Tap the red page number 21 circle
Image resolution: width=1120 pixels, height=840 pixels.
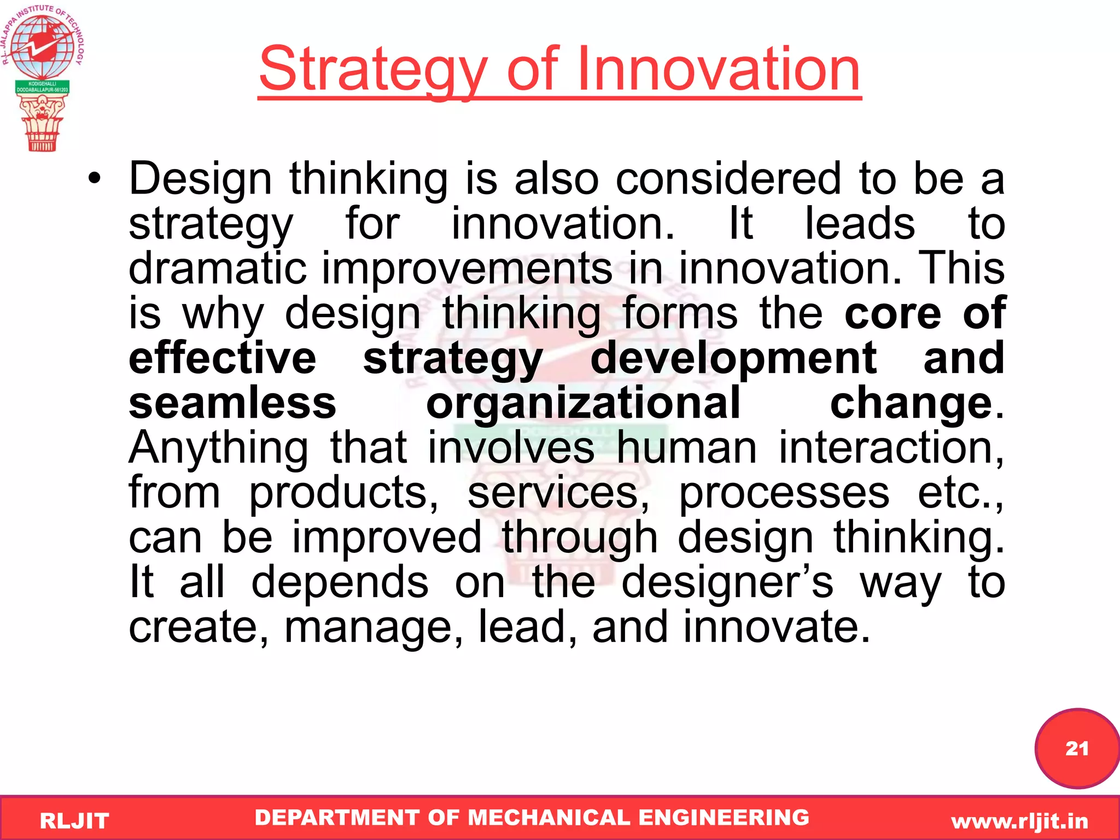[x=1076, y=748]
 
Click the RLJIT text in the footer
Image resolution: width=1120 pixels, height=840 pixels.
[x=74, y=821]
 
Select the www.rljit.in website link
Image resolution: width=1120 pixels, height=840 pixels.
[x=1019, y=821]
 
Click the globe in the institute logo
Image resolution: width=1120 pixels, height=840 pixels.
[x=42, y=46]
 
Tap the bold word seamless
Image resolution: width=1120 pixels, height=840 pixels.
[x=232, y=403]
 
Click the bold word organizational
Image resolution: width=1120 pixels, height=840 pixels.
[x=583, y=403]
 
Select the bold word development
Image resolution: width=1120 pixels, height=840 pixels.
[x=733, y=358]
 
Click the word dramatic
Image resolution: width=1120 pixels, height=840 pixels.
[x=217, y=269]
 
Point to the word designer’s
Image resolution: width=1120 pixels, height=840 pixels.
[x=727, y=582]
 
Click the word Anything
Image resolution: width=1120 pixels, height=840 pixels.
[x=218, y=448]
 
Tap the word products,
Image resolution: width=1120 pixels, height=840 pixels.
[x=343, y=493]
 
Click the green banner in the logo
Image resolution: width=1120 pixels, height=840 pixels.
[x=42, y=87]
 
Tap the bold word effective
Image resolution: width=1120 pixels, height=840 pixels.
[x=222, y=358]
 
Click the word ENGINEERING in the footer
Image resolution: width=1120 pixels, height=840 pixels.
[x=724, y=818]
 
